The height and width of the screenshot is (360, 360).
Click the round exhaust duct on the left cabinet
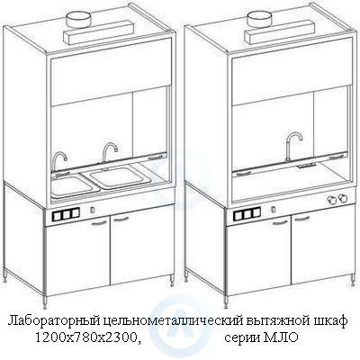pyautogui.click(x=78, y=20)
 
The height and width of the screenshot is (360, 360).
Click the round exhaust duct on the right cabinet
pyautogui.click(x=259, y=20)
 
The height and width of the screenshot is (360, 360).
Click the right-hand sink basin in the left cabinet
pyautogui.click(x=120, y=177)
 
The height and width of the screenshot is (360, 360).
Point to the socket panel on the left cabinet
pyautogui.click(x=66, y=214)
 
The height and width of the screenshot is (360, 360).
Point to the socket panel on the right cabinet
pyautogui.click(x=247, y=213)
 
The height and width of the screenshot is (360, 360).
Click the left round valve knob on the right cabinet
pyautogui.click(x=331, y=200)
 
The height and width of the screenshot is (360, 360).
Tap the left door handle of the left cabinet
pyautogui.click(x=99, y=222)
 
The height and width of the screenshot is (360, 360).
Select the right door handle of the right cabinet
pyautogui.click(x=301, y=219)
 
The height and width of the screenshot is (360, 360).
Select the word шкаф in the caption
pyautogui.click(x=329, y=320)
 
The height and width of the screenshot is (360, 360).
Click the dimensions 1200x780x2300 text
pyautogui.click(x=87, y=338)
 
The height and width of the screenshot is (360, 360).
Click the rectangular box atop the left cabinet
pyautogui.click(x=98, y=32)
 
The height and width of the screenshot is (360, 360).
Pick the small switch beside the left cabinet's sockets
pyautogui.click(x=93, y=209)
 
